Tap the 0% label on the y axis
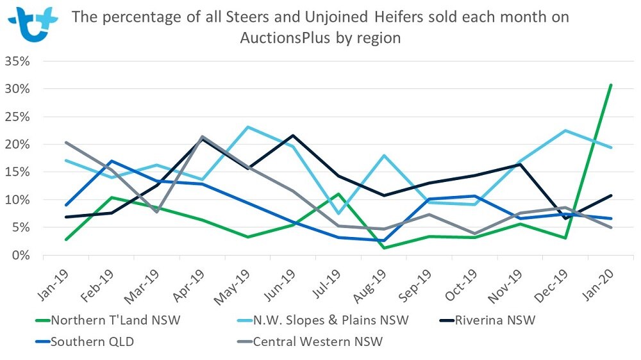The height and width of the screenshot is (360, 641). pos(25,256)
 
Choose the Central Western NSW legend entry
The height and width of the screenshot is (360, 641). pos(318,341)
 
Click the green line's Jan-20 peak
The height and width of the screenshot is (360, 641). pos(611,85)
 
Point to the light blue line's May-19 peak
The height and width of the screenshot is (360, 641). pos(247,127)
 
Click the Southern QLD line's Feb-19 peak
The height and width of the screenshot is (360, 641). pos(112,161)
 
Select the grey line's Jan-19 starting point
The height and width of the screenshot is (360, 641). pos(66,143)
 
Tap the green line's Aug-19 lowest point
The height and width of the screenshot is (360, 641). pos(383,248)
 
